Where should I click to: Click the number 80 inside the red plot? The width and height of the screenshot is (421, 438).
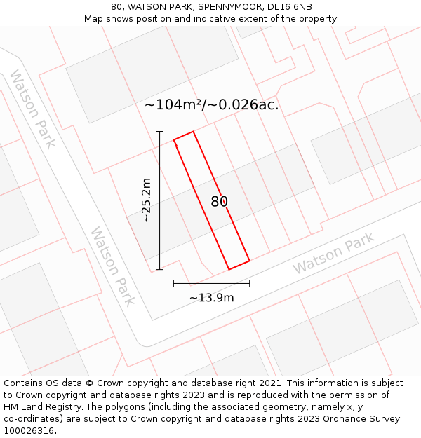coord(219,202)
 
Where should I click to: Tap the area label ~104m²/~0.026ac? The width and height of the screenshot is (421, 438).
coord(211,105)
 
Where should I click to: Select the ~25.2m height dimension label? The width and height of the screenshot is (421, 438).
coord(146,200)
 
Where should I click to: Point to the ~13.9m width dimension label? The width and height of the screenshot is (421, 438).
coord(211,298)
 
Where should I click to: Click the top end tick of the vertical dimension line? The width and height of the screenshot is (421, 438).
coord(159,131)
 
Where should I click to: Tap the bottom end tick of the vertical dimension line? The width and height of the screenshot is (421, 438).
coord(159,269)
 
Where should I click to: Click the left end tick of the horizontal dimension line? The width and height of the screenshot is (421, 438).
coord(173,283)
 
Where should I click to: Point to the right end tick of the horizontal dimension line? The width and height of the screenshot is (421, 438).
coord(249,283)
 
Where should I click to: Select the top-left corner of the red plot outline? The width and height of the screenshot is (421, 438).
coord(174,140)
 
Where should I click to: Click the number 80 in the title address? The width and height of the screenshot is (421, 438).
coord(116,6)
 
